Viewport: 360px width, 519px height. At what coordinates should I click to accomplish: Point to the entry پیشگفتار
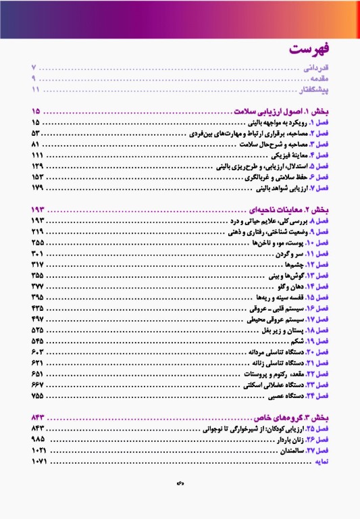point(314,89)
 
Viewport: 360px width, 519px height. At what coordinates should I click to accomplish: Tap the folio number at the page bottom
point(180,485)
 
